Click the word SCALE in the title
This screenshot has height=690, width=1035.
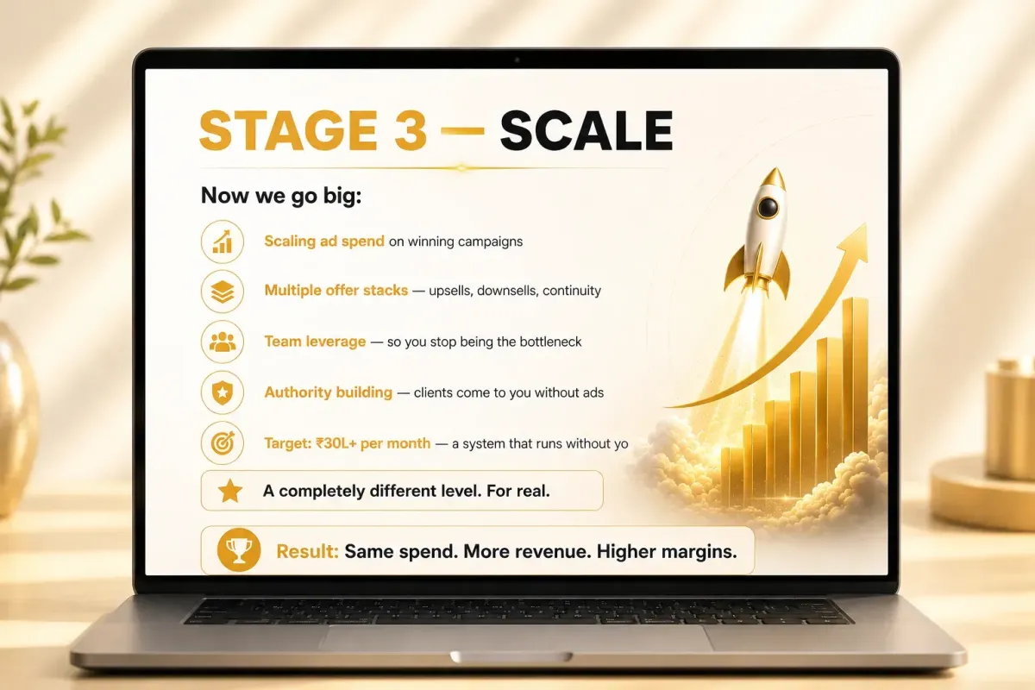[x=586, y=130]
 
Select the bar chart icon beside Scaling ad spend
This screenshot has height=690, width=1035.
[x=223, y=241]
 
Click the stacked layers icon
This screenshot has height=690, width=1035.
[x=223, y=292]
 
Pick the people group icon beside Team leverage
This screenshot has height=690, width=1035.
[x=223, y=342]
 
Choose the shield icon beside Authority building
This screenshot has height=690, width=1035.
[x=223, y=392]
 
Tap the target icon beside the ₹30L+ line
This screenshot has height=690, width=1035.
[x=223, y=442]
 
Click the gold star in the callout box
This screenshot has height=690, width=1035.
[x=230, y=491]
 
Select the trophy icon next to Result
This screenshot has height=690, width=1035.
[x=239, y=550]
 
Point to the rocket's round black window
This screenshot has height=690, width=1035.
[x=768, y=207]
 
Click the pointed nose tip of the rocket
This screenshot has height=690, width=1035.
[x=776, y=169]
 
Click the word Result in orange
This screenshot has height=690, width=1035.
[x=307, y=551]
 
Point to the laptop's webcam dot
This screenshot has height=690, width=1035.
[x=517, y=60]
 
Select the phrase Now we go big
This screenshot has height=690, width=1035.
[x=280, y=196]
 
